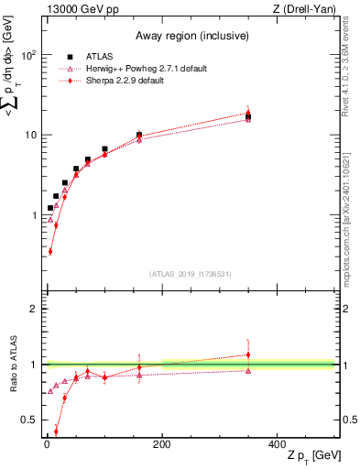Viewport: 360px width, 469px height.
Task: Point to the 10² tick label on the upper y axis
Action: pyautogui.click(x=30, y=55)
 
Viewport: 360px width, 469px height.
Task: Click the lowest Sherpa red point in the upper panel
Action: pyautogui.click(x=50, y=251)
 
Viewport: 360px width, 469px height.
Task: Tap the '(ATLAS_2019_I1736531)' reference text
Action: pyautogui.click(x=190, y=274)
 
